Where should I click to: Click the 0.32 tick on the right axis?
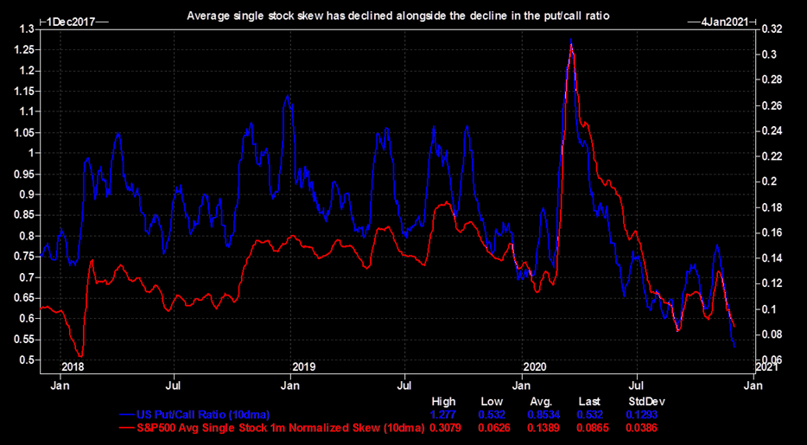772,29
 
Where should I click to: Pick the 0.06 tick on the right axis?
772,359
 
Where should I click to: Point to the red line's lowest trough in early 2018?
80,355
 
